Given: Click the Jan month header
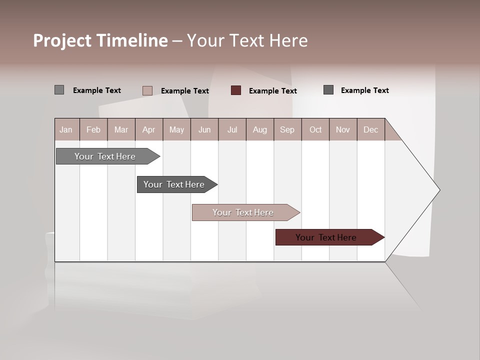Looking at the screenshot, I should coord(66,129).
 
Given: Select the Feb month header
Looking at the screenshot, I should coord(93,129).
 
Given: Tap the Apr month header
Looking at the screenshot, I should coord(149,129).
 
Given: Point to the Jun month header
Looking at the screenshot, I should coord(204,129).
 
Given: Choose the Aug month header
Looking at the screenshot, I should coord(260,129).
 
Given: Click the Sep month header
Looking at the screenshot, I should coord(287,129).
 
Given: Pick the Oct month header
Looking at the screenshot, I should coord(315,129).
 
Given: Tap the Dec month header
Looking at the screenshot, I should coord(371,129).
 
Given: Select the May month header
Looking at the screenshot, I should coord(176,129).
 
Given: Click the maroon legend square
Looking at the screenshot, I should coord(236,90).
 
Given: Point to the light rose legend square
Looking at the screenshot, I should coord(147,90).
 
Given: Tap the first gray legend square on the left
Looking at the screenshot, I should coord(59,90).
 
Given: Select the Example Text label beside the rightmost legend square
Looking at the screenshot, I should coord(364,90).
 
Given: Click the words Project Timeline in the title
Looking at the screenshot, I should coord(100,40).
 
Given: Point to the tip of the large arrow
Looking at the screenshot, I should coord(439,189).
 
